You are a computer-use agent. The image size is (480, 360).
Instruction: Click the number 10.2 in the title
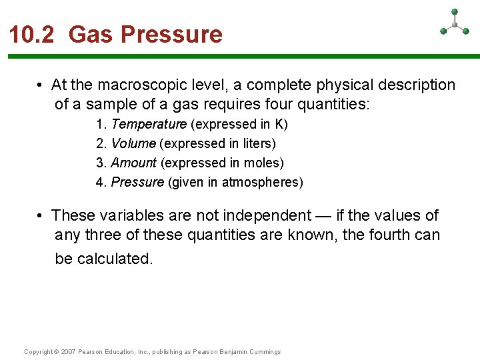pos(33,34)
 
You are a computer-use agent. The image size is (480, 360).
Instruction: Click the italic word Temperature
pos(149,124)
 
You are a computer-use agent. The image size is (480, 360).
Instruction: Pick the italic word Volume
pos(133,143)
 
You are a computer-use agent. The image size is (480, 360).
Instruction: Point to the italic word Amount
pos(133,163)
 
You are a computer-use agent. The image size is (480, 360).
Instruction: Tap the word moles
pos(262,163)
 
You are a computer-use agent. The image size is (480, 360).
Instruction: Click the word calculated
pos(115,258)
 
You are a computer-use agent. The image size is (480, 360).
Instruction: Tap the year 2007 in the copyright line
pos(68,352)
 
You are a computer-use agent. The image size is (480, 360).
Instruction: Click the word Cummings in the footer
pos(265,352)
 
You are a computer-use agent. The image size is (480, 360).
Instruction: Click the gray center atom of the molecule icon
pos(455,25)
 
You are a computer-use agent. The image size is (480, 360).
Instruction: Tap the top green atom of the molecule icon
pos(455,11)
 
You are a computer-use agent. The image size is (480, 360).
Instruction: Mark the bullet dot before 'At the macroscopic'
pos(41,85)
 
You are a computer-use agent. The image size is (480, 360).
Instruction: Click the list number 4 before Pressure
pos(100,182)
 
